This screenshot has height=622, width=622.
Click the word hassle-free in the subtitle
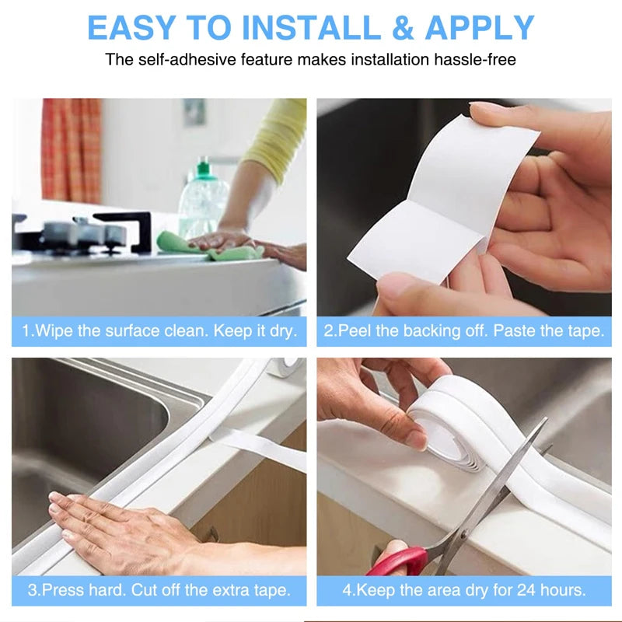(x=477, y=59)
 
